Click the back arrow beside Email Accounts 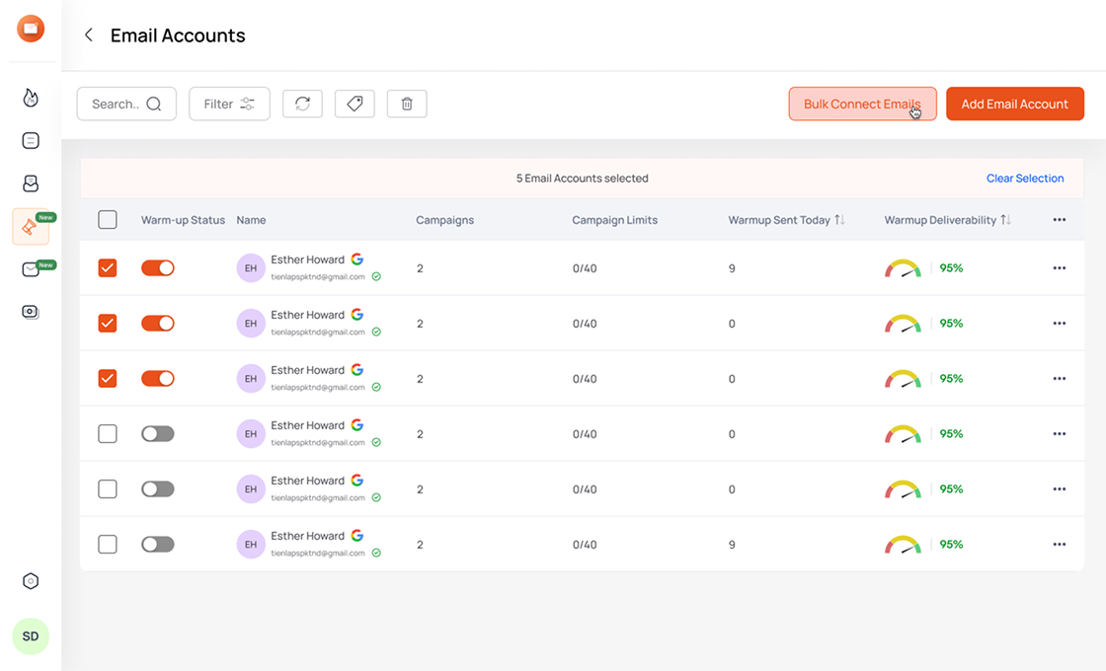[89, 36]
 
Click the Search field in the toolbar [126, 104]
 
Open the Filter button [229, 104]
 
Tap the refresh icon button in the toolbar [302, 104]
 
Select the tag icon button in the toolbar [355, 104]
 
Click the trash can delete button [407, 104]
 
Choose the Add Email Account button [1014, 104]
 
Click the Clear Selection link [1025, 179]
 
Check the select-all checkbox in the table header [108, 220]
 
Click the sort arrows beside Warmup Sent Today [839, 220]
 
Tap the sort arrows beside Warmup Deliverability [1005, 220]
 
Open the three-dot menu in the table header [1060, 220]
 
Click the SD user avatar [31, 636]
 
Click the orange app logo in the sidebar [31, 29]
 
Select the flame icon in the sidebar [31, 97]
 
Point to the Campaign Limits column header [614, 220]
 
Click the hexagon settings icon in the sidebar [31, 581]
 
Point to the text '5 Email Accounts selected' [582, 179]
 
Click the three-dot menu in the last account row [1060, 544]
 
